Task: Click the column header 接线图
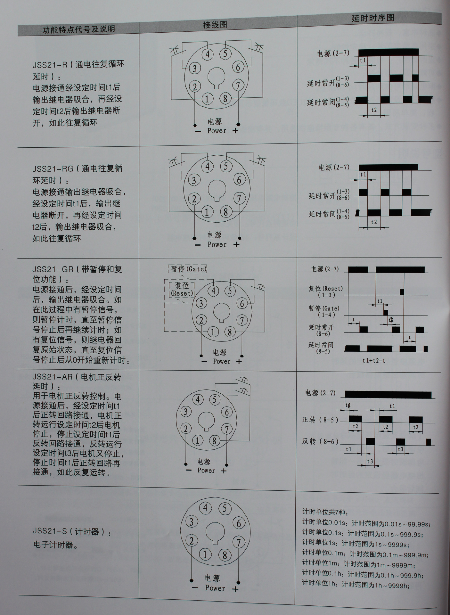point(215,25)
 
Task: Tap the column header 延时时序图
point(372,18)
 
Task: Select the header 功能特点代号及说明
point(79,29)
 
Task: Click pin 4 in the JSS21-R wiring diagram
point(208,54)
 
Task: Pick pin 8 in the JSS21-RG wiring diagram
point(226,212)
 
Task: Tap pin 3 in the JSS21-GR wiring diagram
point(201,303)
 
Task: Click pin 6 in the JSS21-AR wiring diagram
point(227,412)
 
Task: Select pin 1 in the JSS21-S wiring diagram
point(205,554)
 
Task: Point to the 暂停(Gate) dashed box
point(187,269)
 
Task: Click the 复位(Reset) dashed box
point(182,289)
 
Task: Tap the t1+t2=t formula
point(374,360)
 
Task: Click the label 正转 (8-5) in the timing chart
point(320,420)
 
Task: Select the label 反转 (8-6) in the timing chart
point(320,441)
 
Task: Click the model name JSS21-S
point(50,531)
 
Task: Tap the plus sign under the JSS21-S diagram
point(235,589)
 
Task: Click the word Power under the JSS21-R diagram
point(217,131)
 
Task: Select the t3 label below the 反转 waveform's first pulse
point(370,461)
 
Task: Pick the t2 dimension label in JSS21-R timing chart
point(374,110)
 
